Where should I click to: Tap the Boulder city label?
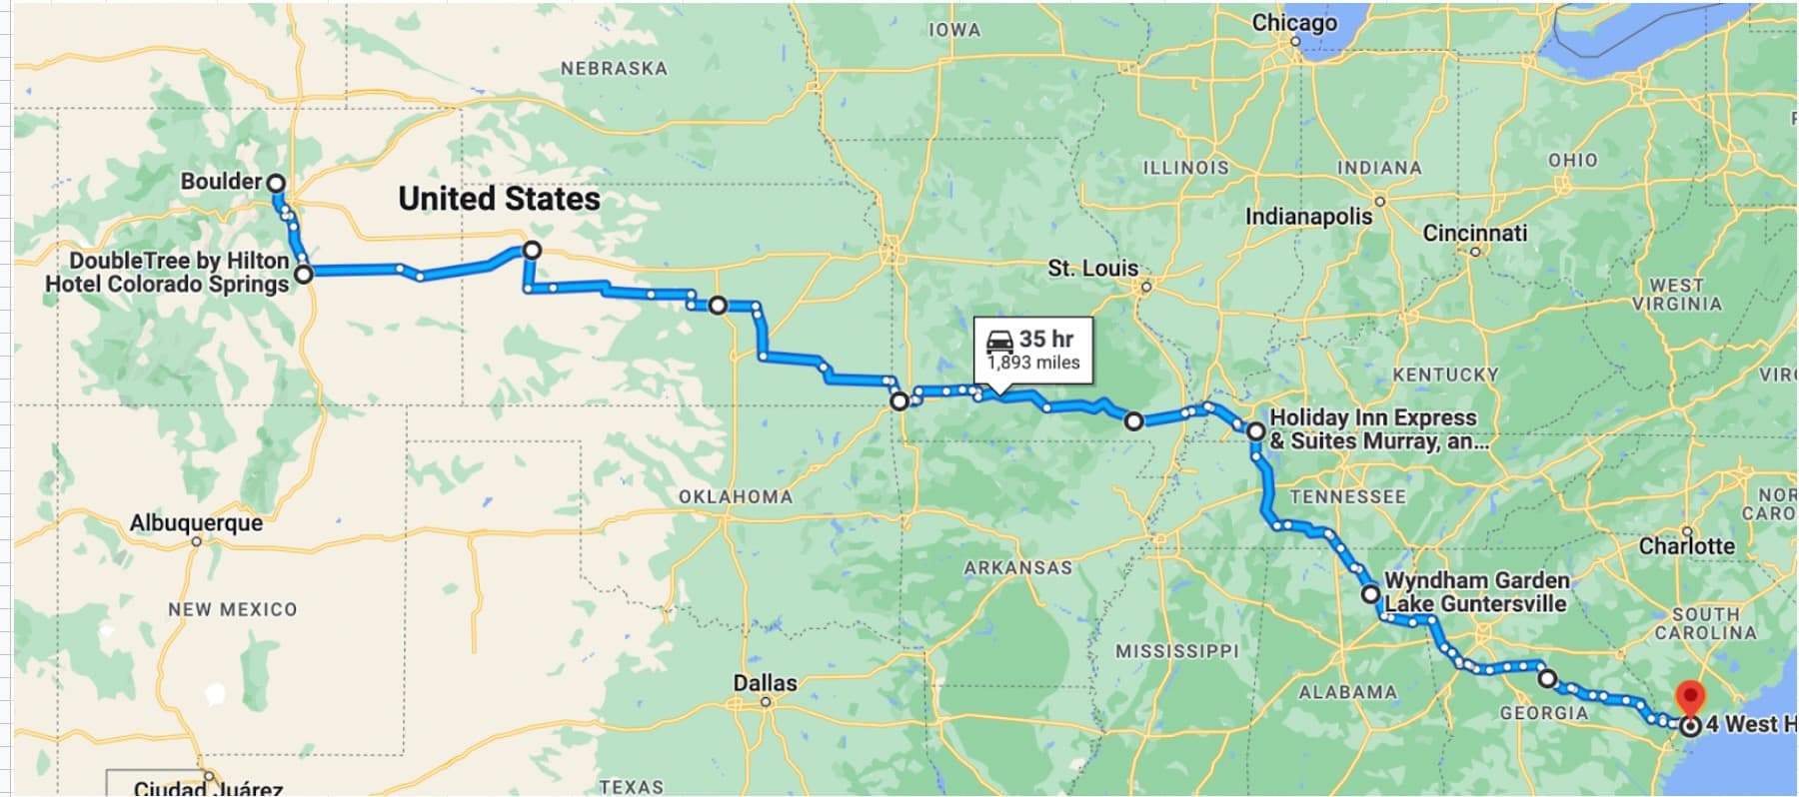(221, 182)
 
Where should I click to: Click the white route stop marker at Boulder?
(276, 184)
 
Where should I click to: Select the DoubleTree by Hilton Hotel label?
(168, 273)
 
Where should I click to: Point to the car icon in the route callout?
(999, 342)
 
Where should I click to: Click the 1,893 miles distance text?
(1033, 363)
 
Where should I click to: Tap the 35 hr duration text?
(1046, 340)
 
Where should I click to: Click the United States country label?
(499, 199)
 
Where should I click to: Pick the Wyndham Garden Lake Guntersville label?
(1476, 592)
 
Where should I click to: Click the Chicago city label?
(1294, 23)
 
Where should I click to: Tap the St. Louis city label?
(1092, 268)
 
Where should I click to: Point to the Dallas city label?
(765, 683)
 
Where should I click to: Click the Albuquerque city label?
(197, 523)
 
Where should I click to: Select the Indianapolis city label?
(1308, 217)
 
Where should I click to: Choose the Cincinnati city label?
(1474, 233)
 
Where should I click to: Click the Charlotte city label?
(1686, 546)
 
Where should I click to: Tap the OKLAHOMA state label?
(735, 496)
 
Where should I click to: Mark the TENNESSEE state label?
(1347, 496)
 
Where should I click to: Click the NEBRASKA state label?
(613, 69)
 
